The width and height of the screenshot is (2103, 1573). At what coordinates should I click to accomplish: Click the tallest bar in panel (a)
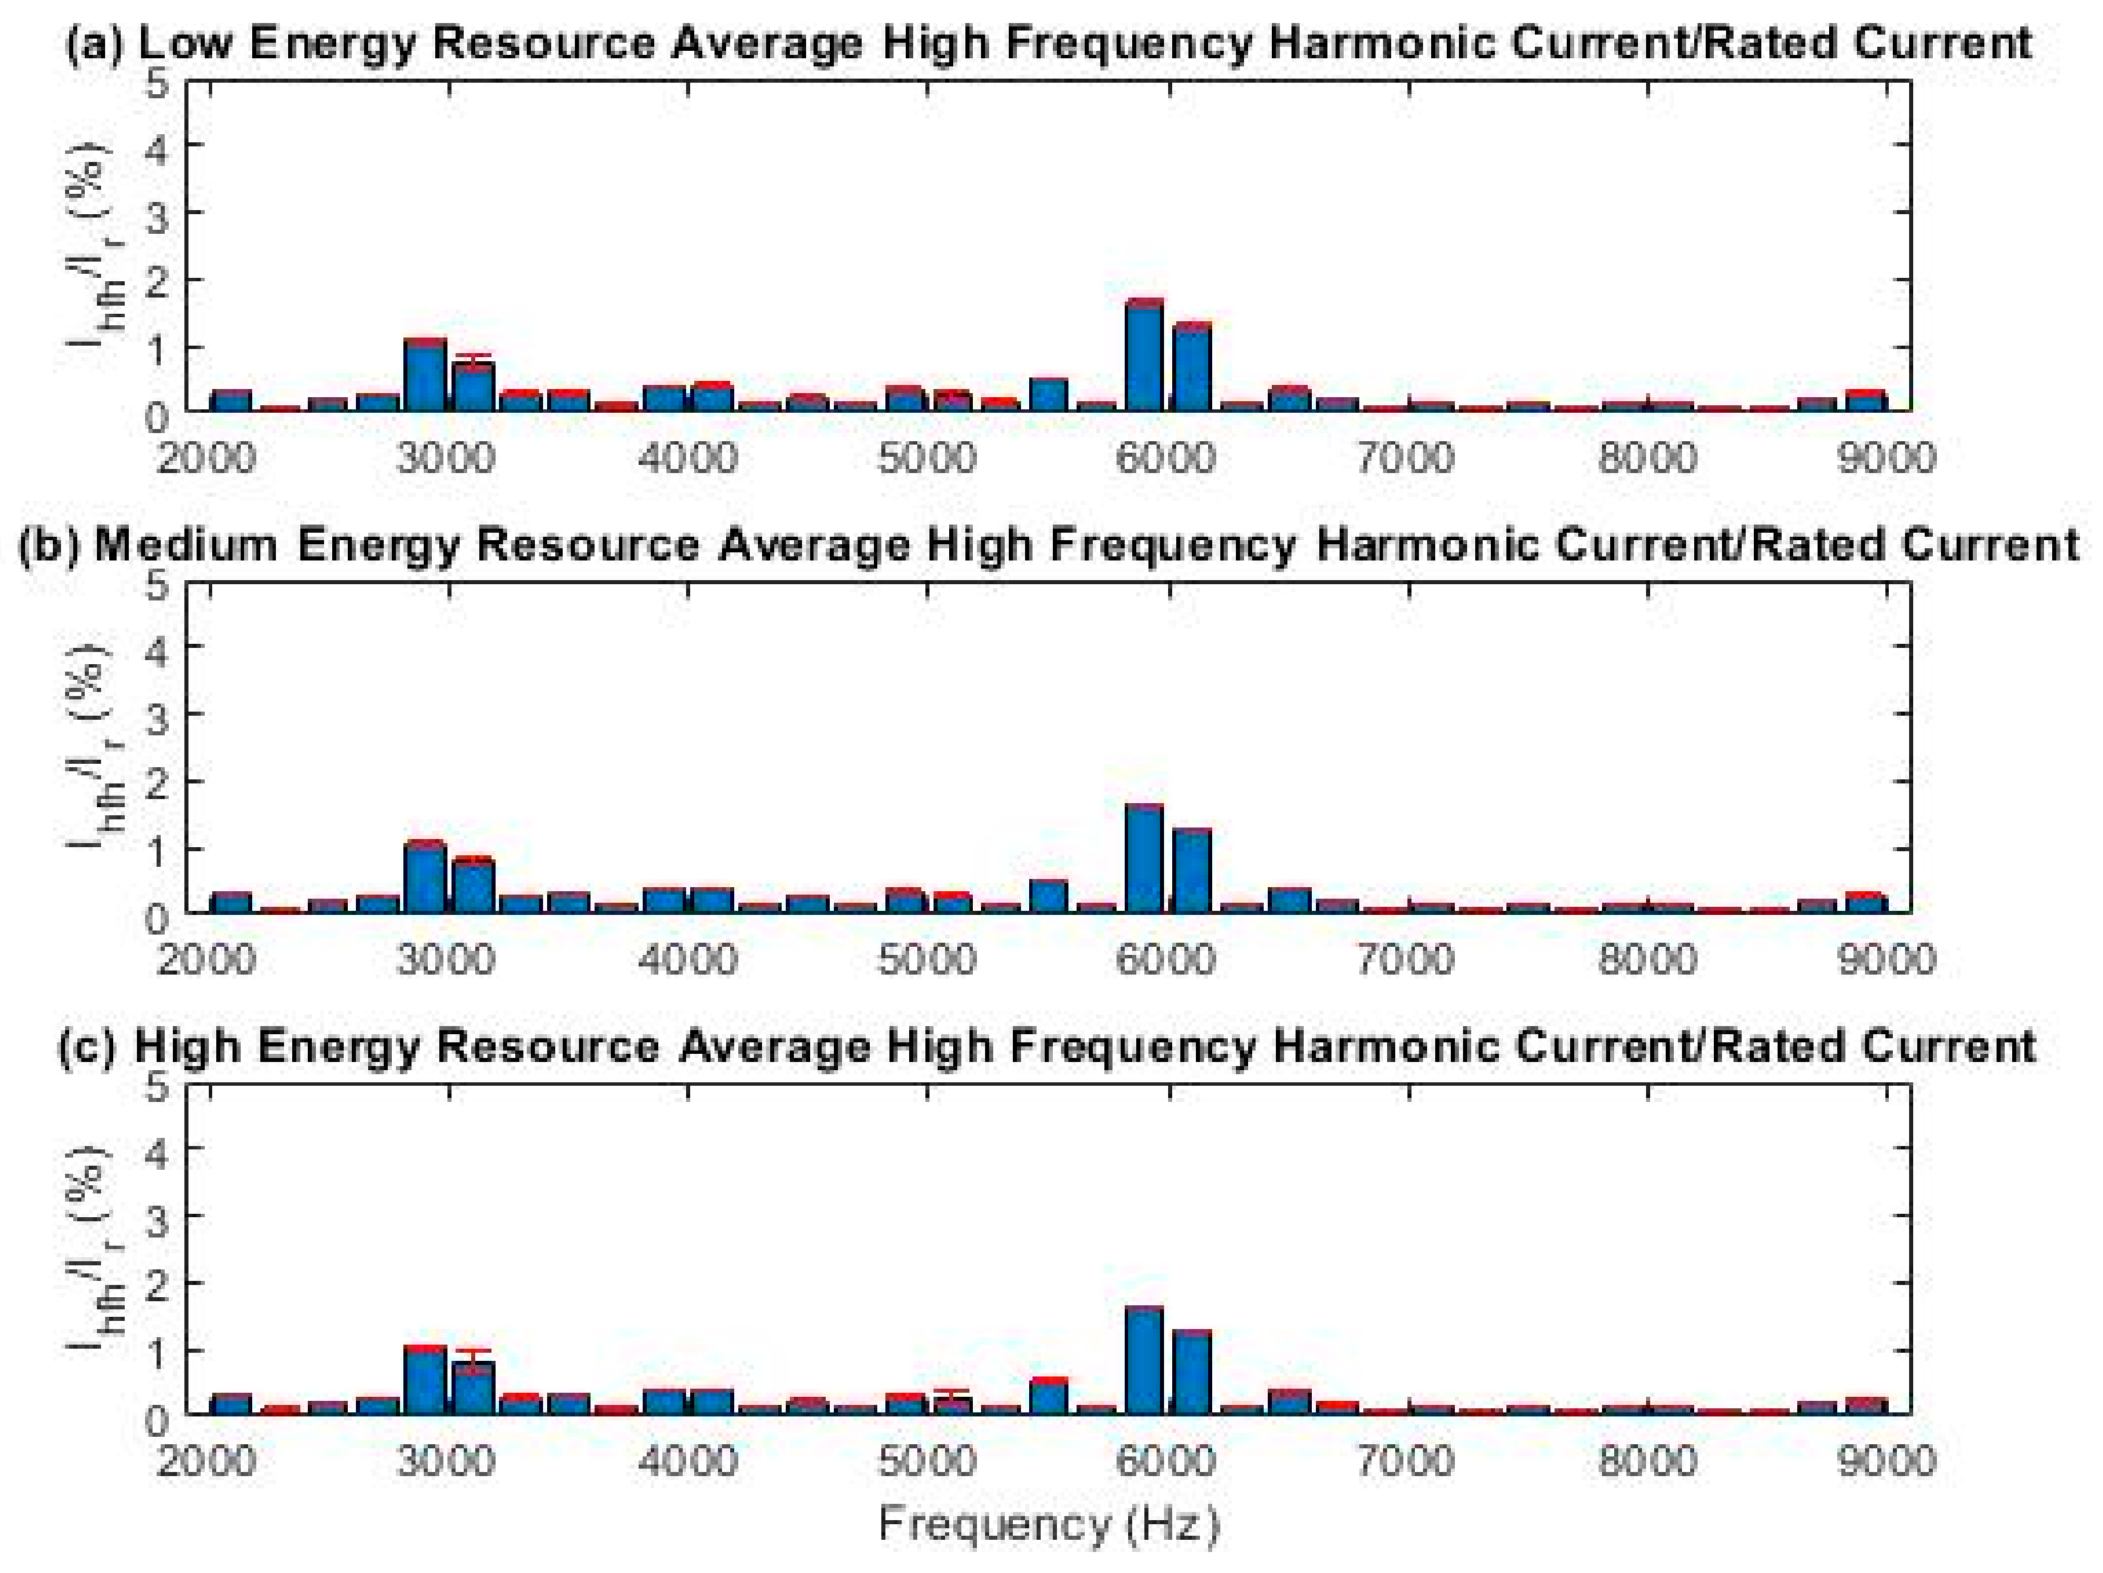coord(1144,356)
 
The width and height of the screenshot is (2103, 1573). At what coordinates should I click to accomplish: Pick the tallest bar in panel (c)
coord(1144,1361)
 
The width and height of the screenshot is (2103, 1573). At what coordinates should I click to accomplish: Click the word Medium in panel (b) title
coord(185,546)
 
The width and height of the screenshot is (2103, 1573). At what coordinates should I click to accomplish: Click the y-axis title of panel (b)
coord(95,746)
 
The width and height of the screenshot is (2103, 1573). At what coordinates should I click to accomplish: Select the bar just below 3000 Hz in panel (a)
coord(425,376)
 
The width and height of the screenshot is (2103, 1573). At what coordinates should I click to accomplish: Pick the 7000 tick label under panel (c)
coord(1405,1461)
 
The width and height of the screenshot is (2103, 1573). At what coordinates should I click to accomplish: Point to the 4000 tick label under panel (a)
coord(687,458)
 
